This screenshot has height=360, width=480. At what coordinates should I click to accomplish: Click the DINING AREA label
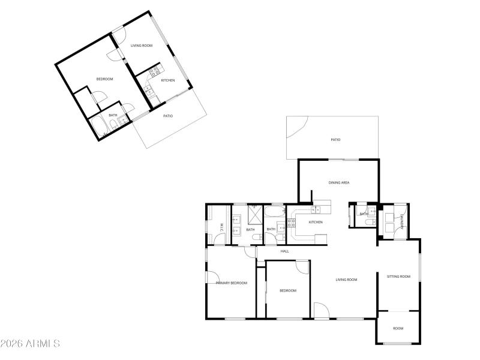pos(339,182)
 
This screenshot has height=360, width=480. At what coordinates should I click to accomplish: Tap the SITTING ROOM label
pos(398,277)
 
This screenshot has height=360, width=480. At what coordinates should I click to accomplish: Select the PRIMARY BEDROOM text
pos(232,283)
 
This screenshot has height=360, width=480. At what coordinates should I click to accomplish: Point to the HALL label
pos(284,251)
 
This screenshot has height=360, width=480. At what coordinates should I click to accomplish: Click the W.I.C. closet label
pos(221,228)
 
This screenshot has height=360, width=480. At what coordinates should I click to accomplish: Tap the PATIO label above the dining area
pos(335,140)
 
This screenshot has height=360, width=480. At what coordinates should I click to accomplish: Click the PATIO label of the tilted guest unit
pos(168,116)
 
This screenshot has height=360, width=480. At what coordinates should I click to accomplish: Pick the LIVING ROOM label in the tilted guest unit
pos(142,45)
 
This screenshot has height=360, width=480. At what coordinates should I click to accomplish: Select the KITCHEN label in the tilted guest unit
pos(168,80)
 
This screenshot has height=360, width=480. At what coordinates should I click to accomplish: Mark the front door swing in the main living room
pos(322,311)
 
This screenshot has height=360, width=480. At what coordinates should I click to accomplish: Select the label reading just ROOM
pos(398,328)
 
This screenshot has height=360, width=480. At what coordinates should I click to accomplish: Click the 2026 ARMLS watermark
pos(30,344)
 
